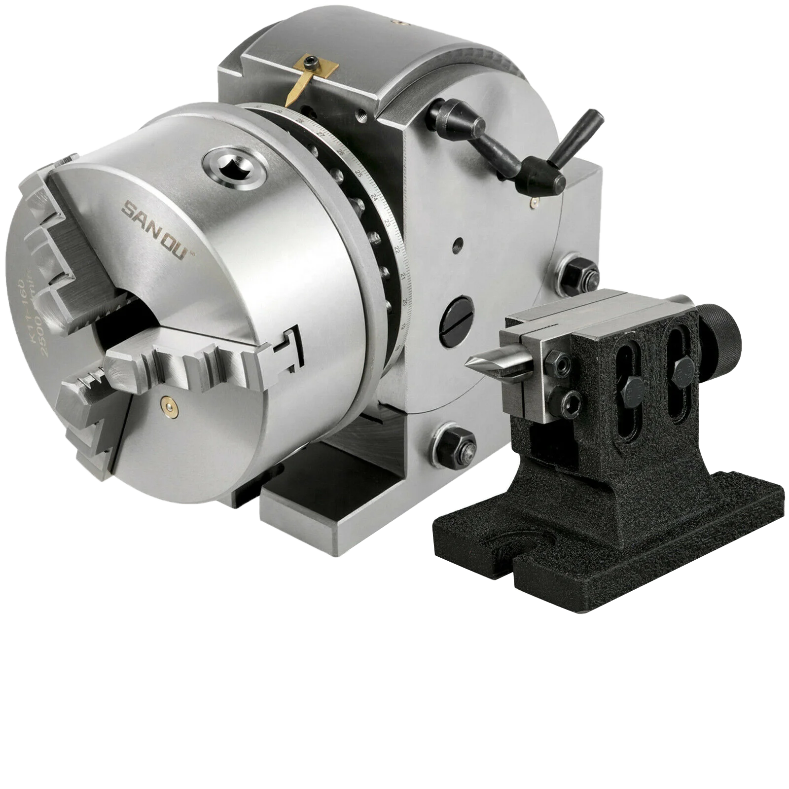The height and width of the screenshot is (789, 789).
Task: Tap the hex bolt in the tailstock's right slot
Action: click(682, 368)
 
